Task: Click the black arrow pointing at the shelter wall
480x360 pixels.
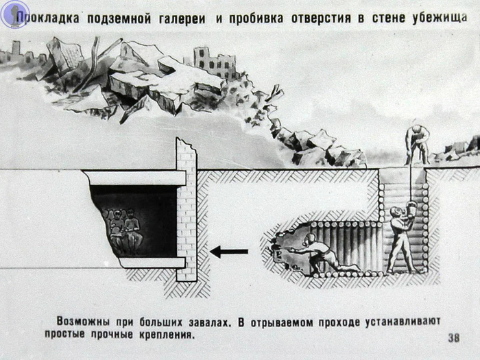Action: pos(228,252)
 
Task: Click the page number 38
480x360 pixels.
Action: pos(453,337)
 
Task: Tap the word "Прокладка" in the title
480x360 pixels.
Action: pos(49,17)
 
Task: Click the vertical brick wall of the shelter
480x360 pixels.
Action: pos(186,209)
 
